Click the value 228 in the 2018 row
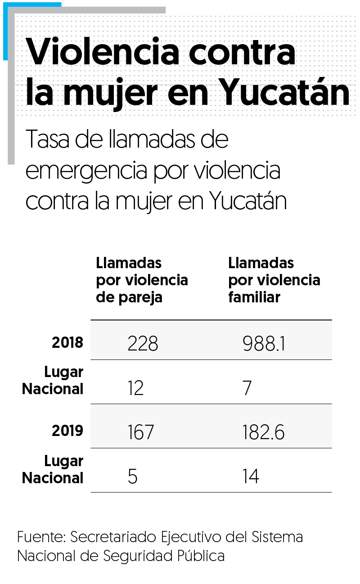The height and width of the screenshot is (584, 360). (143, 344)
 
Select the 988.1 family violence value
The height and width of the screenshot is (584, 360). (263, 344)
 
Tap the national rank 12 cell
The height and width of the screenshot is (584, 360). (135, 388)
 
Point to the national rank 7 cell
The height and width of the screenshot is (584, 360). (247, 388)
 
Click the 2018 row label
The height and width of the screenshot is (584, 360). (67, 343)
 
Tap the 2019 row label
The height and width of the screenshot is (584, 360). (67, 431)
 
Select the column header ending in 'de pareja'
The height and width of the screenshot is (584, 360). (142, 280)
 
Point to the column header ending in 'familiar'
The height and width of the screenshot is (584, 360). (274, 280)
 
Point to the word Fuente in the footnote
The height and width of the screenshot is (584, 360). (41, 537)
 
